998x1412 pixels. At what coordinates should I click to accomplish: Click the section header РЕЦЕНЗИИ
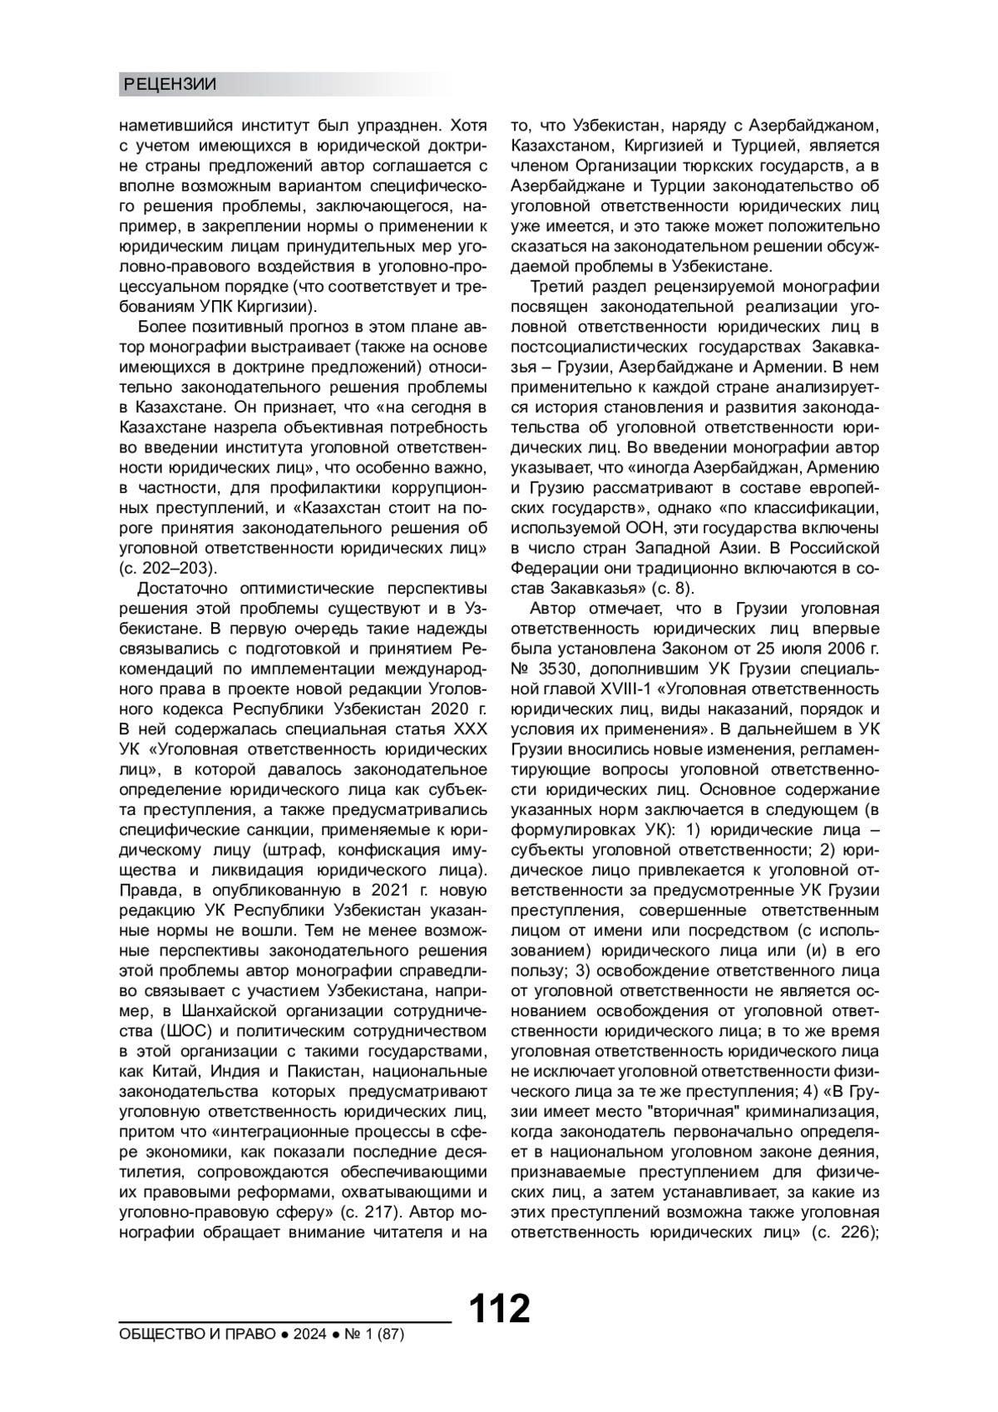pyautogui.click(x=170, y=84)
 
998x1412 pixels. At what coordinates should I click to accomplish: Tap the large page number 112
pyautogui.click(x=499, y=1308)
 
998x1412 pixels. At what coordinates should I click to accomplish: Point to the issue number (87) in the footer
pyautogui.click(x=389, y=1334)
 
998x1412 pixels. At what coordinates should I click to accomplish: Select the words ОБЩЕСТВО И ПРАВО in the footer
pyautogui.click(x=197, y=1334)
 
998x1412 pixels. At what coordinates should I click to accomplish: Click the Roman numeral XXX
pyautogui.click(x=470, y=729)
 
